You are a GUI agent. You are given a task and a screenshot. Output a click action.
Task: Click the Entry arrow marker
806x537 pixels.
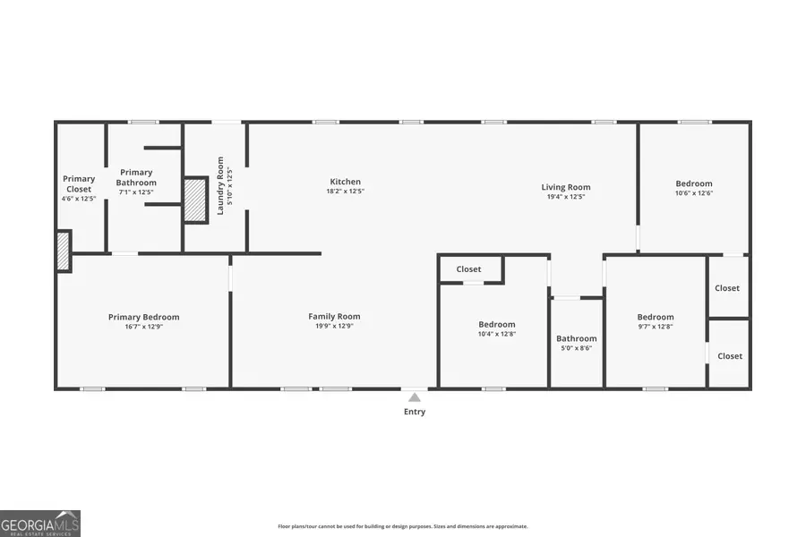coord(414,396)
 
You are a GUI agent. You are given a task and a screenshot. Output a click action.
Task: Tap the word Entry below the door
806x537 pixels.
coord(414,412)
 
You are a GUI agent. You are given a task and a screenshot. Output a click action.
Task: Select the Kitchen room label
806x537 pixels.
coord(345,182)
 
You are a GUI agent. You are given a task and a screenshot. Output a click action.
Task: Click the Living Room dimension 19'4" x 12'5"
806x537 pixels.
coord(566,197)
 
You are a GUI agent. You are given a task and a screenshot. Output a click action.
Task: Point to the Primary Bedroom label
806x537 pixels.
coord(143,317)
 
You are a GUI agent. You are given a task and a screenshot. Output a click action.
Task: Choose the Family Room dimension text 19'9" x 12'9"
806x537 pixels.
coord(334,326)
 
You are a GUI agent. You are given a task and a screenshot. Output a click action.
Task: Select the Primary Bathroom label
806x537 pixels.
coord(137,177)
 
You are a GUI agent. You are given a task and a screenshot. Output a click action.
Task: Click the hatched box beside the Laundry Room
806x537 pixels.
coord(195,200)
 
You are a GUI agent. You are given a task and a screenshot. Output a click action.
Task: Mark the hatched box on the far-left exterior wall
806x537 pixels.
coord(64,251)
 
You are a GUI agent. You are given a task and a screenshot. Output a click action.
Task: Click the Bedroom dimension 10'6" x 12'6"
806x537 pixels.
coord(694,192)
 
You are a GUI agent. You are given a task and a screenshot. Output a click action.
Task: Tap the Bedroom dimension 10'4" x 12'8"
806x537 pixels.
coord(496,334)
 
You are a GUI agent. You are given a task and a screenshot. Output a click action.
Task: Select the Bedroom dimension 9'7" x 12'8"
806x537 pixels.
coord(656,327)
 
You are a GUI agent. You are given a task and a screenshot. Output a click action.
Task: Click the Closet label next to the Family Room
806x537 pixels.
coord(468,269)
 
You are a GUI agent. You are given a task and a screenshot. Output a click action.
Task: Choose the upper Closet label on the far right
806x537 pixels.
coord(727,288)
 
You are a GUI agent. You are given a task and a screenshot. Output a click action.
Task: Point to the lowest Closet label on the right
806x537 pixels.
coord(730,356)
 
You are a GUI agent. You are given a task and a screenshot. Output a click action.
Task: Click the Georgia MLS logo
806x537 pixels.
coord(40,523)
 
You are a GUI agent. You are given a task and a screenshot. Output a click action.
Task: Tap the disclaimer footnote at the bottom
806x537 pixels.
coord(402,526)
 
